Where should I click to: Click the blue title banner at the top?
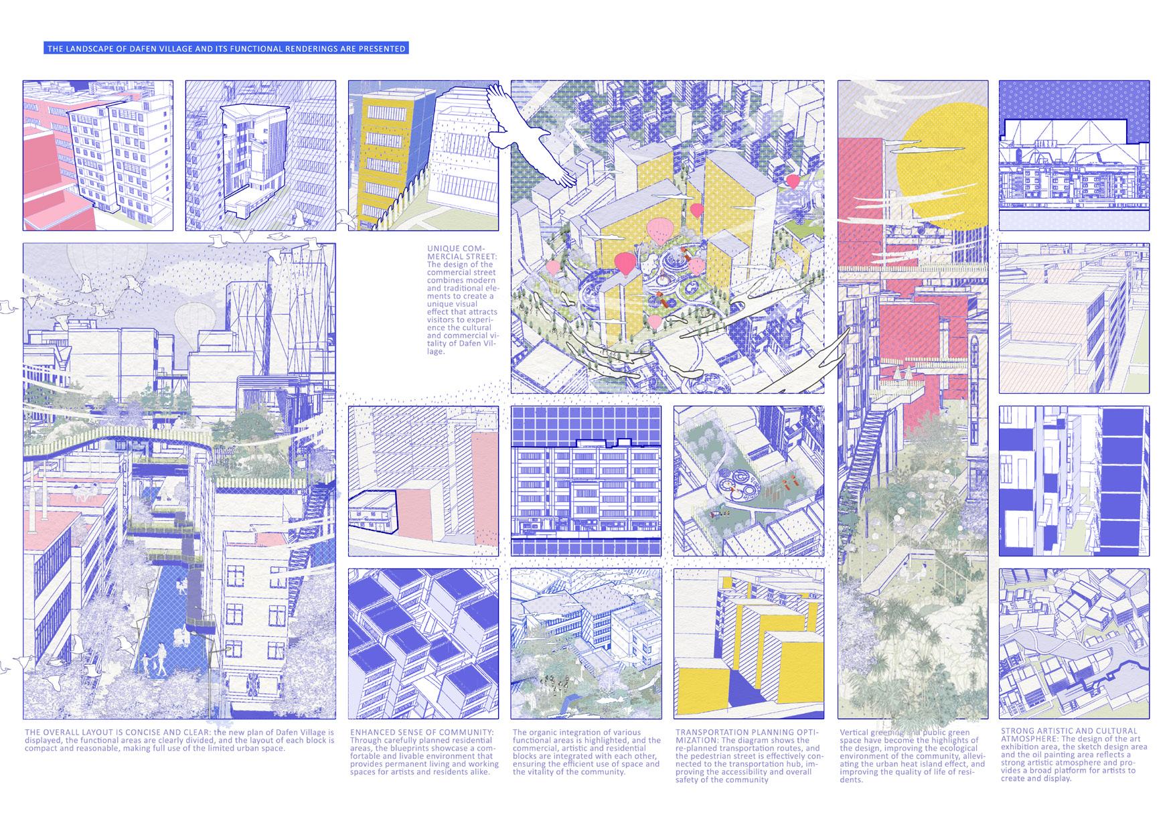(x=226, y=49)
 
